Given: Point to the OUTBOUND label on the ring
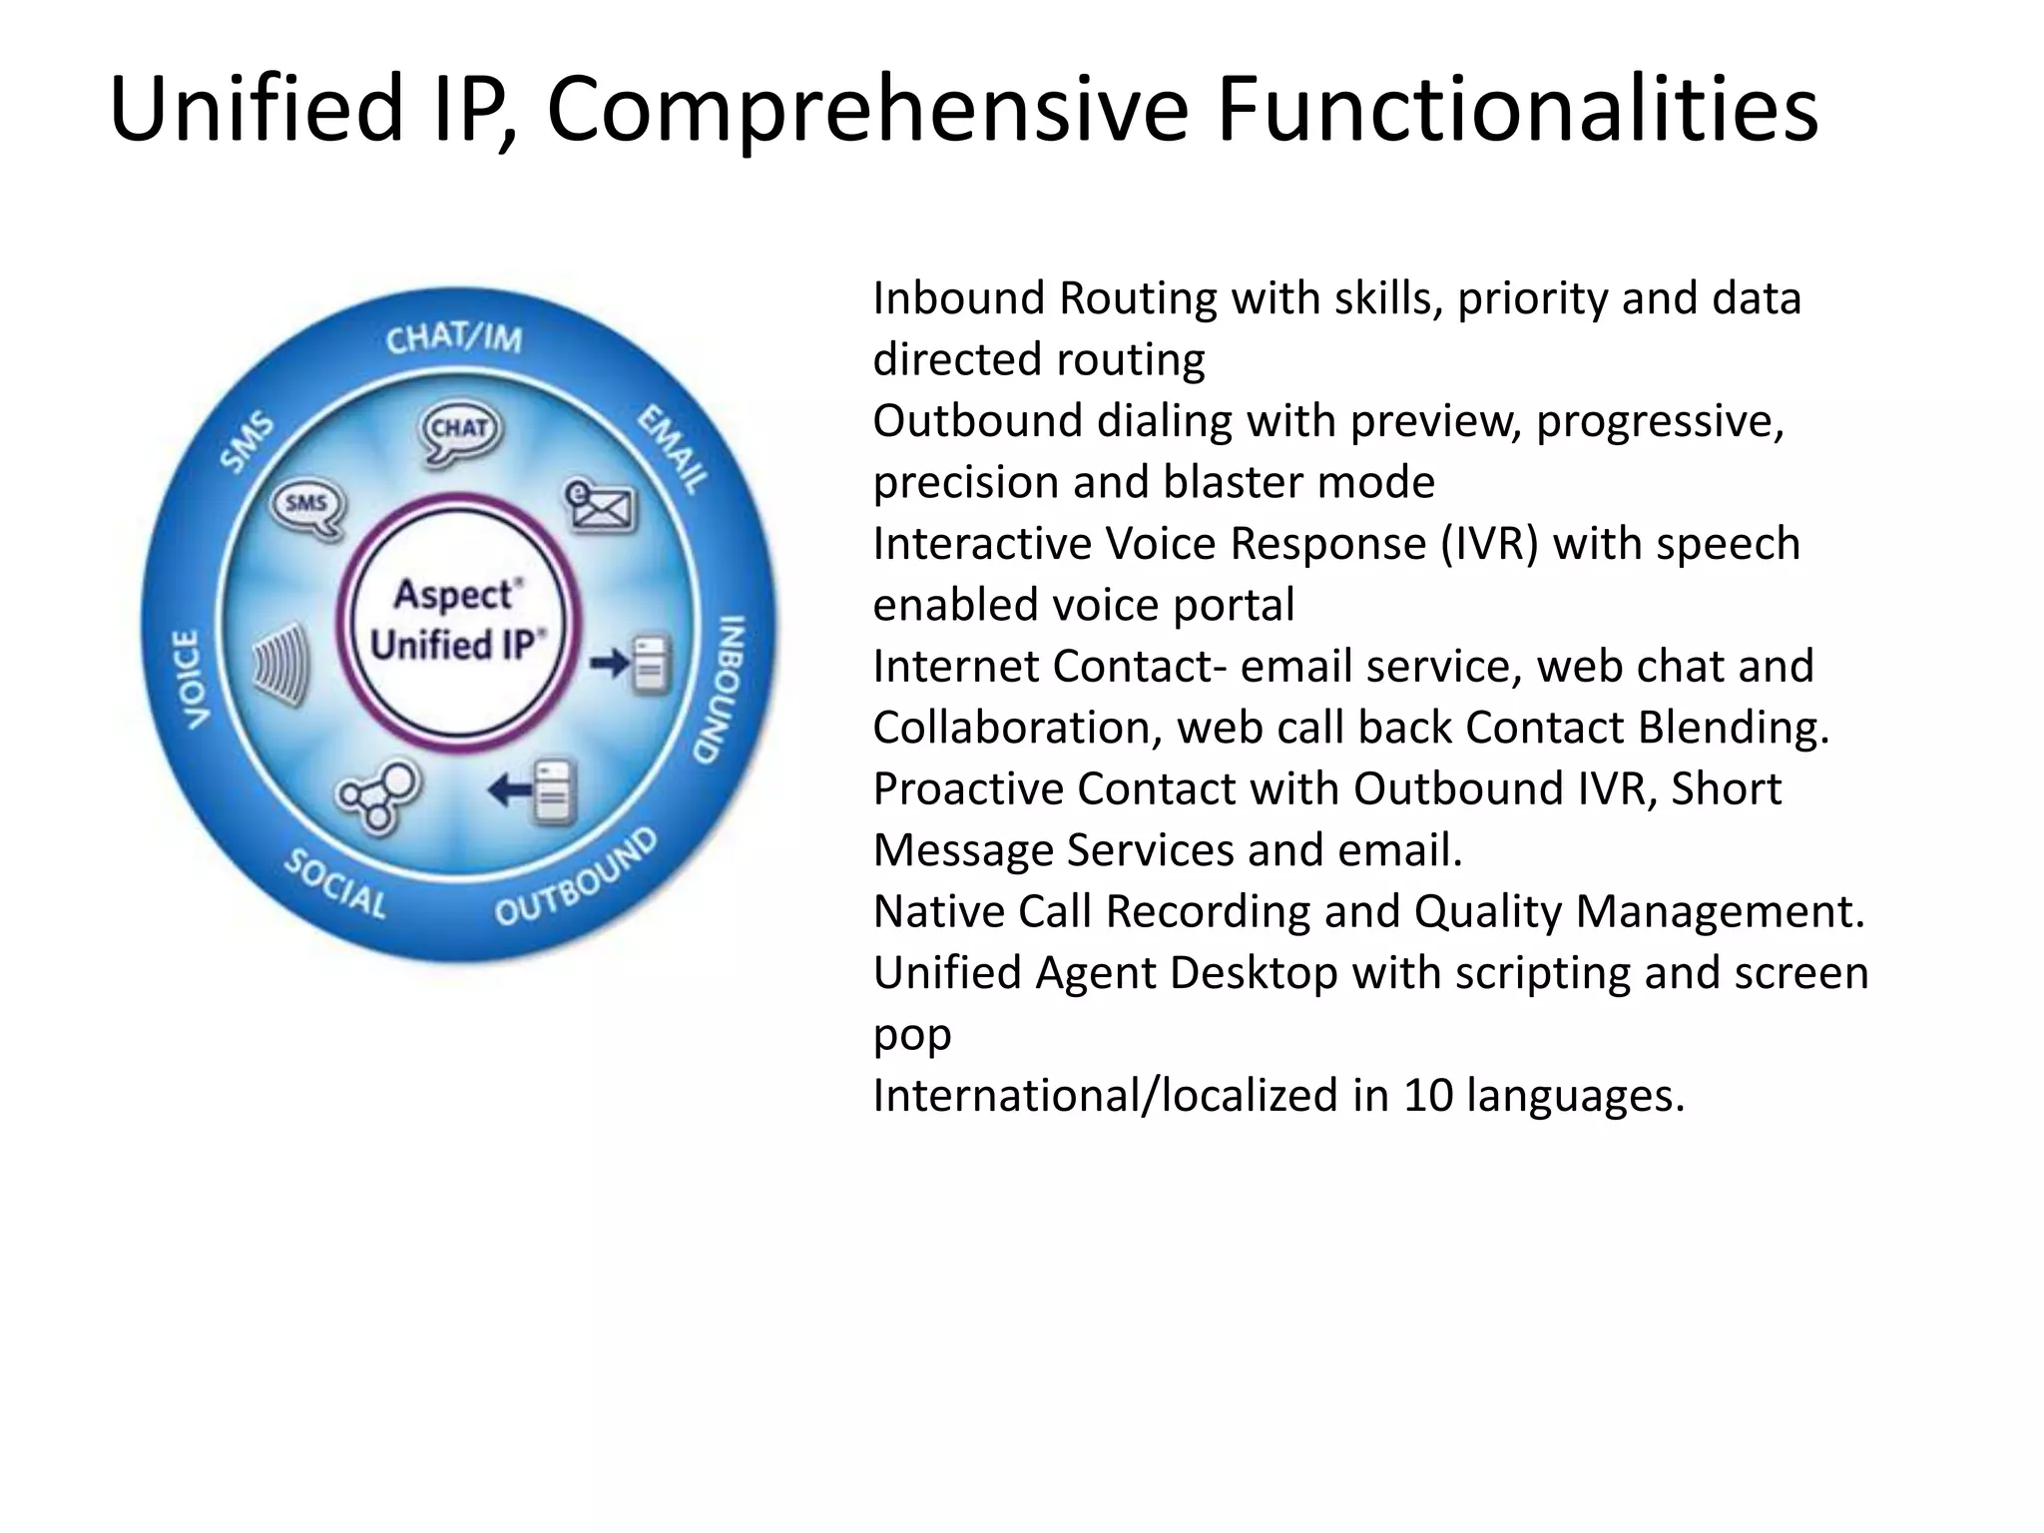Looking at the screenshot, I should (577, 878).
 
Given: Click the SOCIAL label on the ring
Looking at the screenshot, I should (335, 884).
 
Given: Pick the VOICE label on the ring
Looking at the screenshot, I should (191, 679).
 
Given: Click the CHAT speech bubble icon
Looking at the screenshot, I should (460, 431).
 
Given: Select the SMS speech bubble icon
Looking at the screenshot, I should (307, 507).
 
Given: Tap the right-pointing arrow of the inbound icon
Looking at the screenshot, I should (609, 662).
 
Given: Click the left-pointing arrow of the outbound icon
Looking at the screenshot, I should (510, 791).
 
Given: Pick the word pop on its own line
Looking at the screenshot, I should (911, 1036).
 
